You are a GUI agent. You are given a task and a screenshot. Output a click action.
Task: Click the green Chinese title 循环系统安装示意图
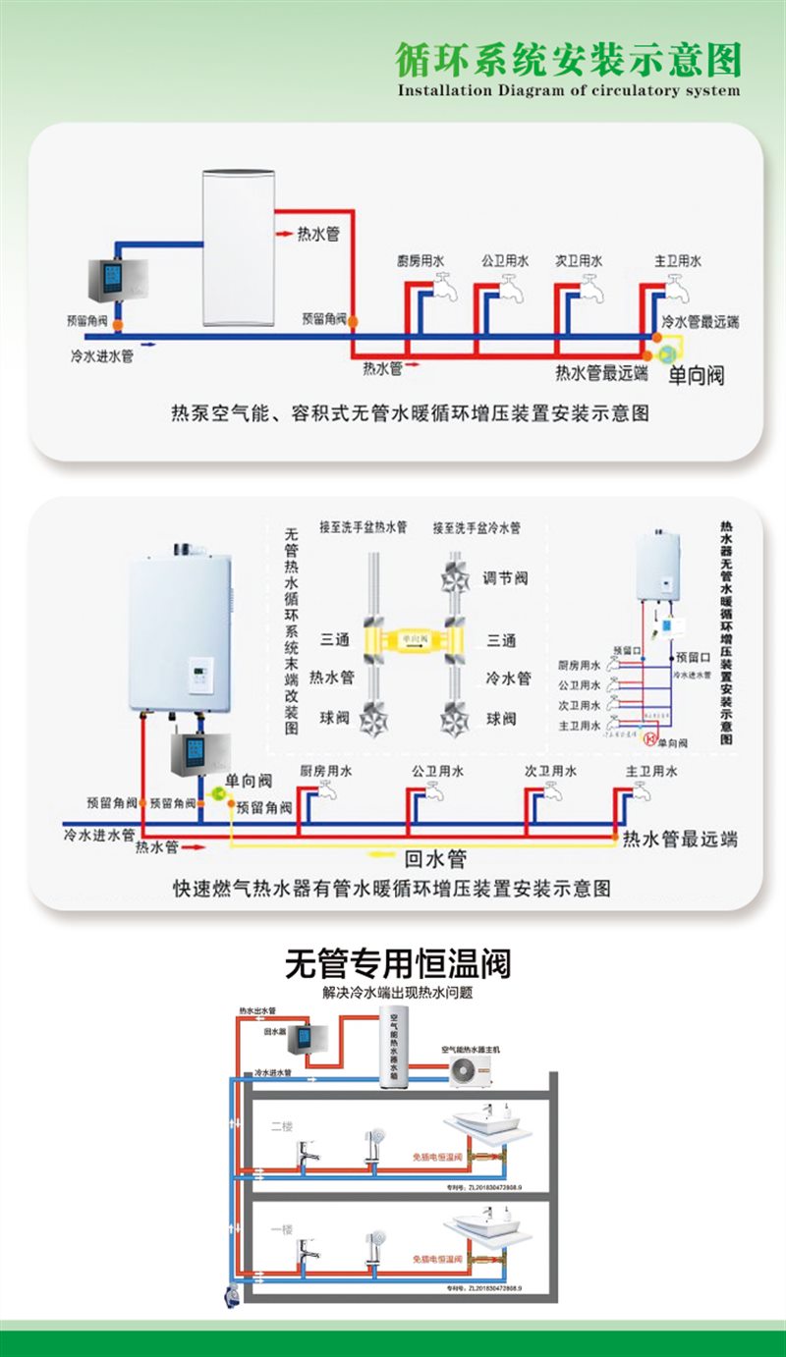(x=567, y=60)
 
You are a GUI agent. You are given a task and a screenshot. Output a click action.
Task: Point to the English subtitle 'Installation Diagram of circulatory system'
(x=567, y=90)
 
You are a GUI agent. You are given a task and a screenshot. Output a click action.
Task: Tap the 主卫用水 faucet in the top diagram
(x=676, y=285)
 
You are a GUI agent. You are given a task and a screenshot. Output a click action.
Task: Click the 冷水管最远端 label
(x=700, y=322)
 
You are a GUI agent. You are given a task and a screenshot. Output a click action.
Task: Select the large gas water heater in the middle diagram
(x=181, y=629)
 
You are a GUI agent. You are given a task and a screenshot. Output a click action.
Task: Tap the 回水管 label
(x=435, y=859)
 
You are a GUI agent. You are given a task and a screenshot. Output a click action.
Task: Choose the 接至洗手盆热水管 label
(x=363, y=528)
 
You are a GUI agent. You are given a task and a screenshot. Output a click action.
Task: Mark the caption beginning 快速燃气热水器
(x=392, y=889)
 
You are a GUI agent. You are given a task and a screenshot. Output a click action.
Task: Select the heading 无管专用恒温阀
(x=398, y=962)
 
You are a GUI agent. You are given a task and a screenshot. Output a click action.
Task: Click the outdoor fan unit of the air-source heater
(x=475, y=1065)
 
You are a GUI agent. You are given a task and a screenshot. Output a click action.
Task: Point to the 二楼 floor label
(x=282, y=1126)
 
